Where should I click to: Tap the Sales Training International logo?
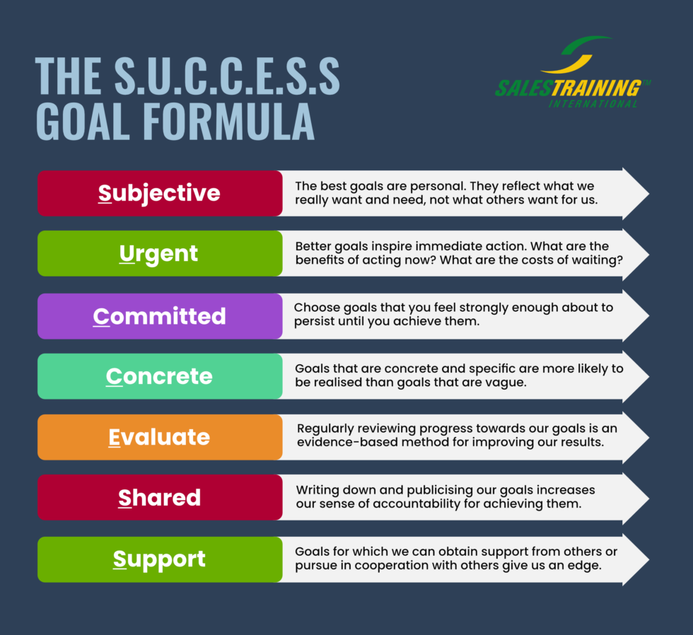[573, 73]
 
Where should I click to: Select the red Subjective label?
[159, 193]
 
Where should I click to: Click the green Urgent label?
[159, 253]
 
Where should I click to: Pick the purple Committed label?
[159, 315]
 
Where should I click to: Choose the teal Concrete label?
[159, 376]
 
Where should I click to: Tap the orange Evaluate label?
[159, 437]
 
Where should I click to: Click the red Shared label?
[159, 498]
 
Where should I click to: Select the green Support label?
[159, 559]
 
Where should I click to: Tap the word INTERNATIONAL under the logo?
[593, 104]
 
